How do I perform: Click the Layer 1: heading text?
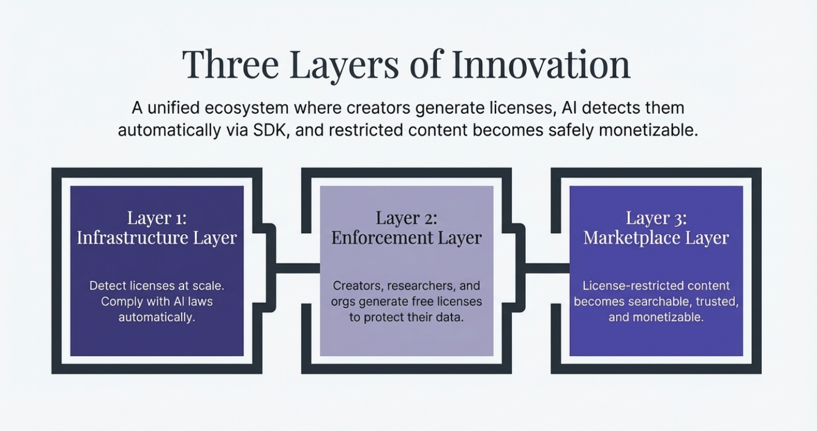click(157, 218)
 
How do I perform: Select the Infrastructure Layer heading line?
click(157, 237)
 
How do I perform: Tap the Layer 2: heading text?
click(406, 218)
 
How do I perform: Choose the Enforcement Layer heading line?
click(406, 237)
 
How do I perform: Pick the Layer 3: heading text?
click(656, 218)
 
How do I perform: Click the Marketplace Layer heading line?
click(656, 237)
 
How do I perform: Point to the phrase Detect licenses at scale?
click(157, 286)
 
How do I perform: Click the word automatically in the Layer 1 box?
click(157, 317)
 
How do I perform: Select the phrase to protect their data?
click(406, 317)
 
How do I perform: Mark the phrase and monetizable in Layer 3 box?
click(656, 317)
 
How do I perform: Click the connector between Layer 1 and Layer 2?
click(296, 267)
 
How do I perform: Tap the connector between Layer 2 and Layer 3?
click(545, 267)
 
